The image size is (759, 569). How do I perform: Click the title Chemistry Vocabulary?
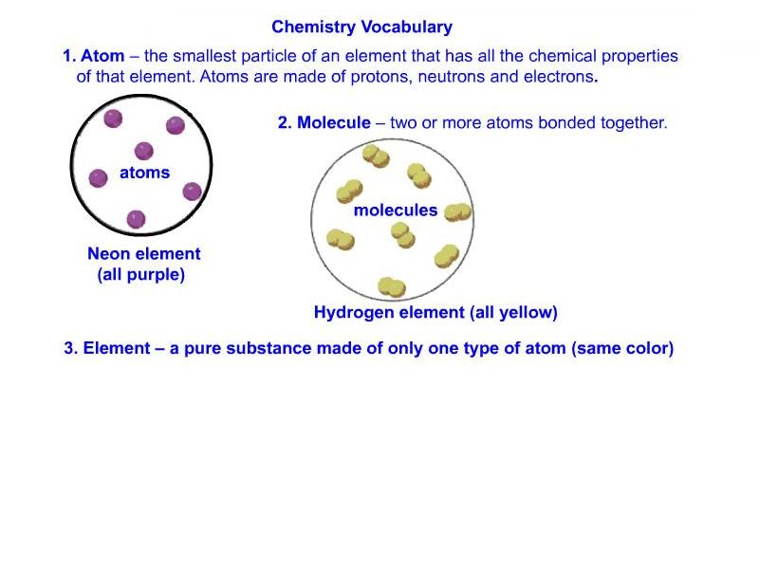[x=362, y=28]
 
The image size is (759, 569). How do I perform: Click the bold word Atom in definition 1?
[x=102, y=56]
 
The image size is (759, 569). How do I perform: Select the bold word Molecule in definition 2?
[x=334, y=122]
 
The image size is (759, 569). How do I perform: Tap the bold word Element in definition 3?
[x=117, y=348]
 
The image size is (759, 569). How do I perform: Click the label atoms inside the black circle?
[x=145, y=173]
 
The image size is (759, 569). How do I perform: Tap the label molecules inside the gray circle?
[x=396, y=211]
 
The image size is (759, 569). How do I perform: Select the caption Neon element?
[x=144, y=253]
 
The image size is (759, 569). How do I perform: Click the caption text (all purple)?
[x=140, y=275]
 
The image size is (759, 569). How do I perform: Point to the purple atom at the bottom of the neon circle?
[x=136, y=219]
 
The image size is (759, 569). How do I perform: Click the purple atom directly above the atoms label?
[x=144, y=151]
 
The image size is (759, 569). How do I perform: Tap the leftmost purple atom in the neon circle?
[x=99, y=178]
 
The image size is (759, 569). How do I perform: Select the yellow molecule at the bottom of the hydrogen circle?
[x=392, y=287]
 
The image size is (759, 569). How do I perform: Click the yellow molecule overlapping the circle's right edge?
[x=457, y=212]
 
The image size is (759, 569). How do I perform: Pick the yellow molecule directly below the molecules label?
[x=402, y=235]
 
